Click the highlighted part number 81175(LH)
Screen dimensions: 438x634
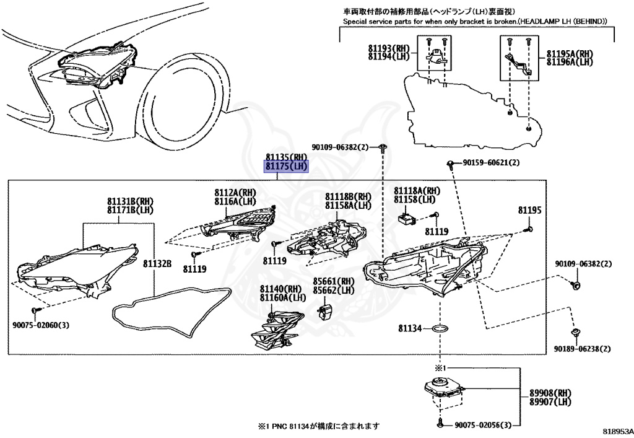point(286,167)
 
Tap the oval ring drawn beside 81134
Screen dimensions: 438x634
point(439,328)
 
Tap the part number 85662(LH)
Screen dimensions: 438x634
point(334,290)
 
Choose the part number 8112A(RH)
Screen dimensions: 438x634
point(235,193)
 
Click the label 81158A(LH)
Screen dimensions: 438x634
point(349,205)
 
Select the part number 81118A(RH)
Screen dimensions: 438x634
point(417,191)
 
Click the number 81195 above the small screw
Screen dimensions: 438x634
point(530,211)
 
